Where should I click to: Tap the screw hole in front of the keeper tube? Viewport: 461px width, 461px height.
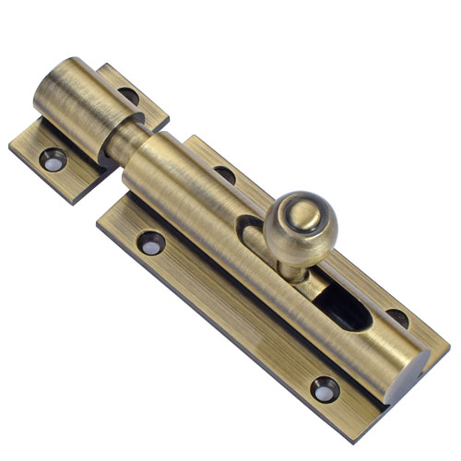pos(53,158)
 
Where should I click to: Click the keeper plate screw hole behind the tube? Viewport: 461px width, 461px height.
pos(130,95)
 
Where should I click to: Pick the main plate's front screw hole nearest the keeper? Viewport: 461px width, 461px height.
pos(150,242)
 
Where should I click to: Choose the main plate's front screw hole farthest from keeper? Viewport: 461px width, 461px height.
pos(325,389)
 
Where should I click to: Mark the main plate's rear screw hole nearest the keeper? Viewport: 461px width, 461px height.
pos(224,172)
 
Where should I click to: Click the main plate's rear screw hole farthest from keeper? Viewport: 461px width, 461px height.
pos(396,316)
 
